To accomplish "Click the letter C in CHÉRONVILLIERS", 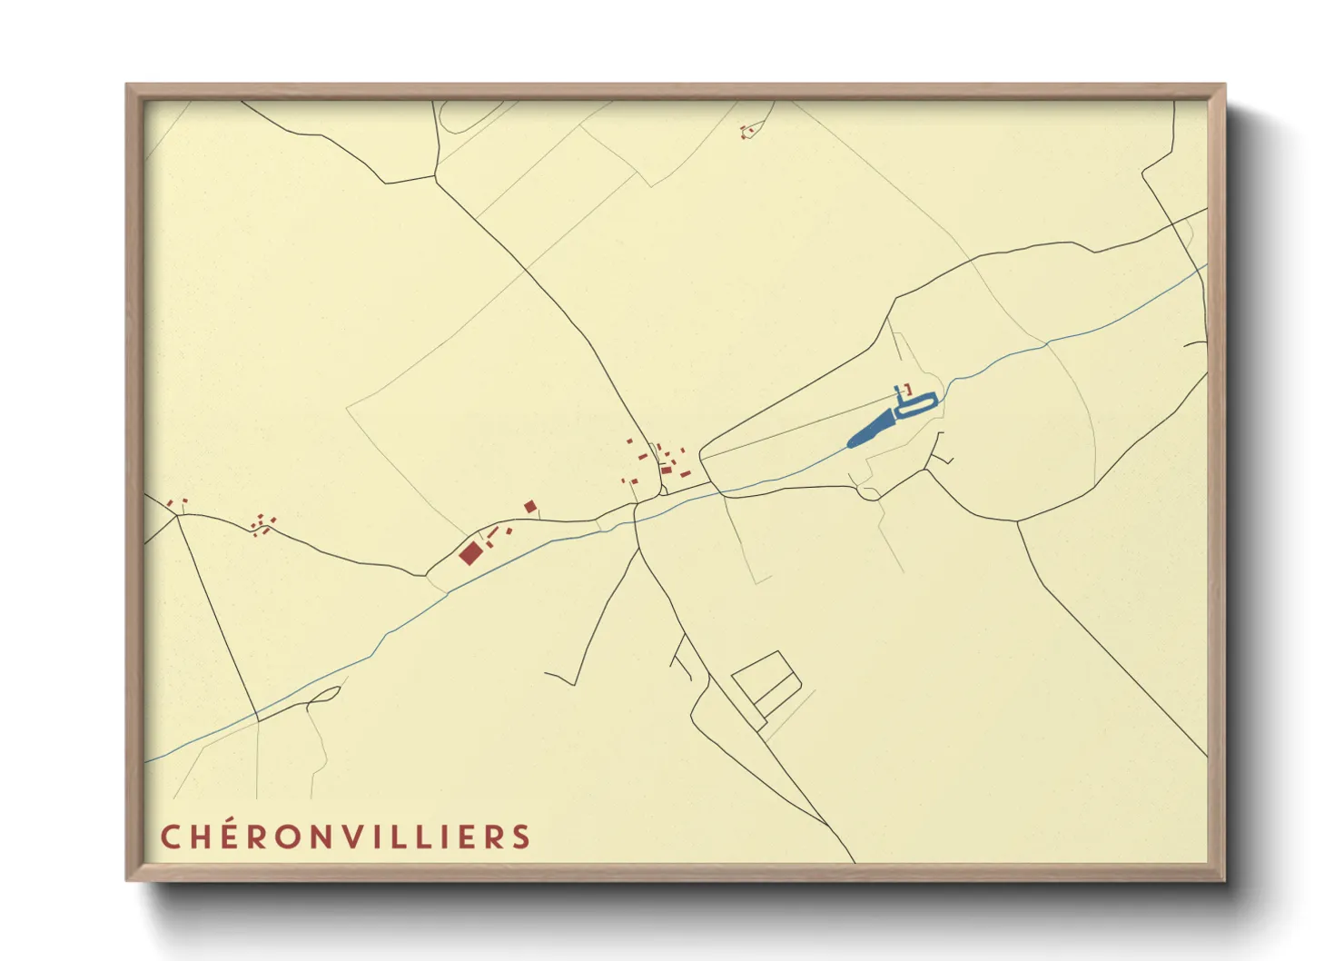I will tap(170, 837).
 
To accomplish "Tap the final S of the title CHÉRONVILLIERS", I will tap(521, 837).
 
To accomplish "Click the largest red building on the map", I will tap(469, 552).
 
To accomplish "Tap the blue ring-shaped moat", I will tap(916, 406).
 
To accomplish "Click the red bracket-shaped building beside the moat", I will tap(907, 389).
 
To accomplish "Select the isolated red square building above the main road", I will tap(529, 506).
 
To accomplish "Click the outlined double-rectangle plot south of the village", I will tap(765, 683).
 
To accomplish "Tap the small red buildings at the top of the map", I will tap(747, 131).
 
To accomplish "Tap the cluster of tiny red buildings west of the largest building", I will tap(262, 524).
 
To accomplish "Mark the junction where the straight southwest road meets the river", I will tap(258, 720).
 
